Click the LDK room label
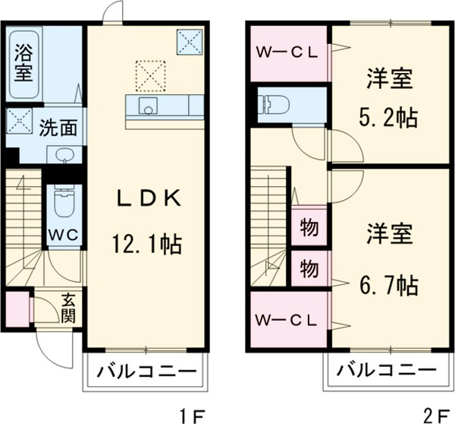point(147,199)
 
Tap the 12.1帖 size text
point(147,245)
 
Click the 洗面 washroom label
point(58,127)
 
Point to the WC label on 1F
point(63,234)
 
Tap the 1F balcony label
point(146,373)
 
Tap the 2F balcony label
point(387,373)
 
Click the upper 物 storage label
point(309,227)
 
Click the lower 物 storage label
point(309,268)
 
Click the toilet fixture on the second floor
point(271,104)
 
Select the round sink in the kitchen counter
point(148,108)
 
